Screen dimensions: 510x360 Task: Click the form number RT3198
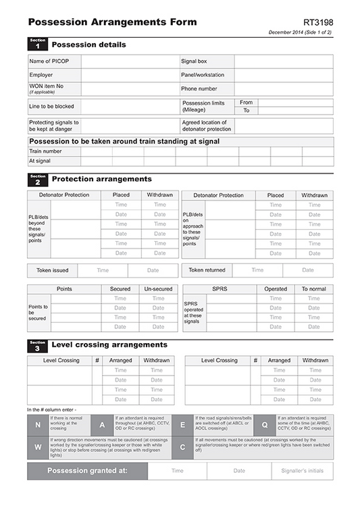[x=318, y=22]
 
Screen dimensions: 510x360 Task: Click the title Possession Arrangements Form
[x=112, y=22]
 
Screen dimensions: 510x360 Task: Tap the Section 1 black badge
[x=37, y=45]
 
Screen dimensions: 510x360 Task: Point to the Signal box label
[x=193, y=61]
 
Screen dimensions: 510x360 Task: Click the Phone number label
[x=199, y=88]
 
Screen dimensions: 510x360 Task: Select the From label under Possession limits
[x=247, y=103]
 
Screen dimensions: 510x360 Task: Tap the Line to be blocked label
[x=51, y=107]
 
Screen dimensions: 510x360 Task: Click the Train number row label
[x=45, y=151]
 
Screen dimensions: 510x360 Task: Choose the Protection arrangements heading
[x=101, y=180]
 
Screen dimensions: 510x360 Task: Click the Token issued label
[x=52, y=270]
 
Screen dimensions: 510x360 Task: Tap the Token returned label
[x=207, y=270]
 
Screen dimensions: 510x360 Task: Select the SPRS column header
[x=220, y=288]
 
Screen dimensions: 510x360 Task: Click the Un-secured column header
[x=158, y=288]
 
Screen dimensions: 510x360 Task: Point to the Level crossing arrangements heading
[x=109, y=345]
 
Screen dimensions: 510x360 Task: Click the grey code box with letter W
[x=37, y=447]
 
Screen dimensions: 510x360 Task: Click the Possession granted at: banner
[x=88, y=471]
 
